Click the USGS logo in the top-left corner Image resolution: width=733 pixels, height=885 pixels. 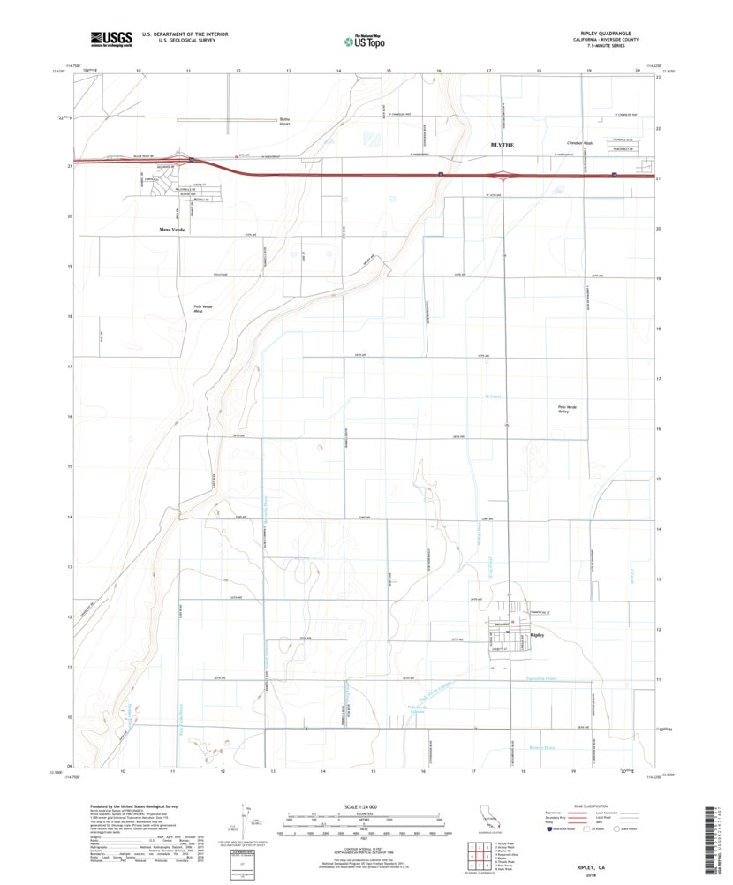110,38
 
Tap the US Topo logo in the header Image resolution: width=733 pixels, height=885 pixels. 363,40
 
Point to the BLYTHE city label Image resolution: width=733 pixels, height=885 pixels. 502,143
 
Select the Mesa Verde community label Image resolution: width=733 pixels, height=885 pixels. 172,229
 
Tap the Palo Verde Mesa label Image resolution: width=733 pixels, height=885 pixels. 204,308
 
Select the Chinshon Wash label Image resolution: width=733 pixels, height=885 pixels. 578,143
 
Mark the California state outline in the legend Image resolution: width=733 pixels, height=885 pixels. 487,815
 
